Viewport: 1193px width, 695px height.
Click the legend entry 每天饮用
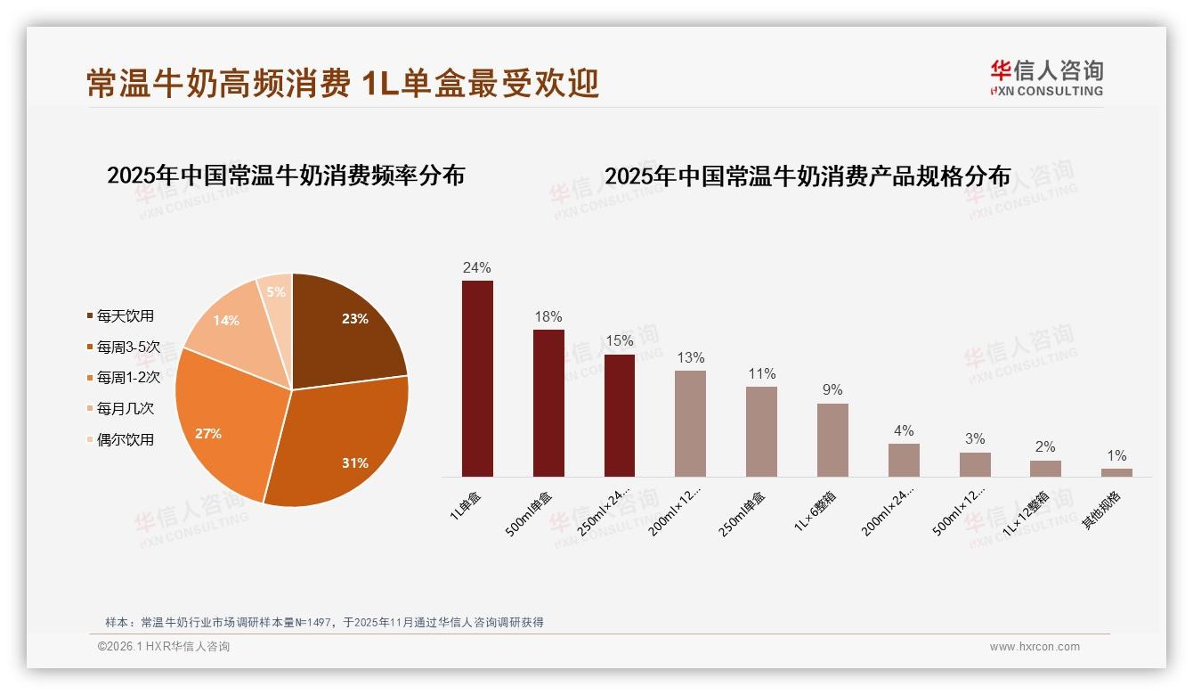coord(125,316)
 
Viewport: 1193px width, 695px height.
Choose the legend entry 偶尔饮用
coord(125,439)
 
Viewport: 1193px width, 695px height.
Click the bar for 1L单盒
coord(477,379)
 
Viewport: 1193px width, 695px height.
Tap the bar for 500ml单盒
coord(548,403)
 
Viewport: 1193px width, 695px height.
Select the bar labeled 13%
coord(690,423)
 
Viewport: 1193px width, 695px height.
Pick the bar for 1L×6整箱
coord(832,440)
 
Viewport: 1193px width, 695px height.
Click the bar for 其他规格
coord(1116,472)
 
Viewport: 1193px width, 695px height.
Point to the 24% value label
coord(477,267)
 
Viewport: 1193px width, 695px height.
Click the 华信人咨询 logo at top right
coord(1046,78)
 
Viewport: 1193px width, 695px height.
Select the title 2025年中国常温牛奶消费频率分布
coord(286,176)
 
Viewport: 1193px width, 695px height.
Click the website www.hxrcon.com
coord(1035,647)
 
